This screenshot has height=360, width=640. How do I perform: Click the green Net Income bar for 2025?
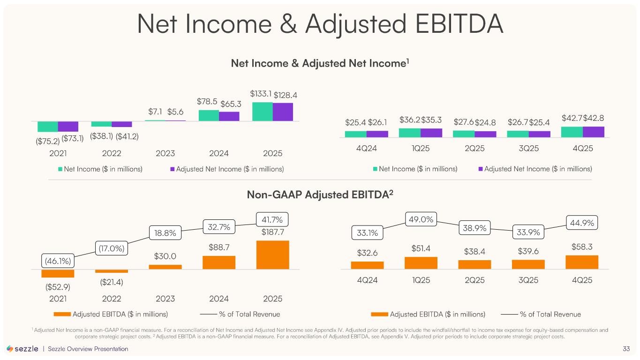coord(262,112)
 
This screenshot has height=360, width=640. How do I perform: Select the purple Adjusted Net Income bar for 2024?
coord(229,116)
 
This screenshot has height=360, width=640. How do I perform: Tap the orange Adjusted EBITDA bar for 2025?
coord(272,255)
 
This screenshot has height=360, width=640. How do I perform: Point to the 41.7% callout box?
coord(272,219)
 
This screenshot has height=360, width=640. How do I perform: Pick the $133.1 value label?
coord(261,94)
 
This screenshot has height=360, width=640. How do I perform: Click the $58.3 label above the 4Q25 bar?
coord(581,246)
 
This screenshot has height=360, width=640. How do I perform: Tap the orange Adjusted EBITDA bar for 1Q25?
coord(421,262)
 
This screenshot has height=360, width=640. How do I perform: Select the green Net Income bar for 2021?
coord(48,126)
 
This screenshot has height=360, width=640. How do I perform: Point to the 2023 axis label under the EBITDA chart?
coord(165,299)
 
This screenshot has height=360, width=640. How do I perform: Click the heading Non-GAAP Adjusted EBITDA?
coord(320,194)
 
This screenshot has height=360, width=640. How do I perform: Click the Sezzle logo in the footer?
coord(23,349)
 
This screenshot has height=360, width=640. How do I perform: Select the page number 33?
coord(626,349)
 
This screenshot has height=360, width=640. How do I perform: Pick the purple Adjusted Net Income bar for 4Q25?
coord(593,132)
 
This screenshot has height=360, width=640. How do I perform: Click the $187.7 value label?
coord(272,232)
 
